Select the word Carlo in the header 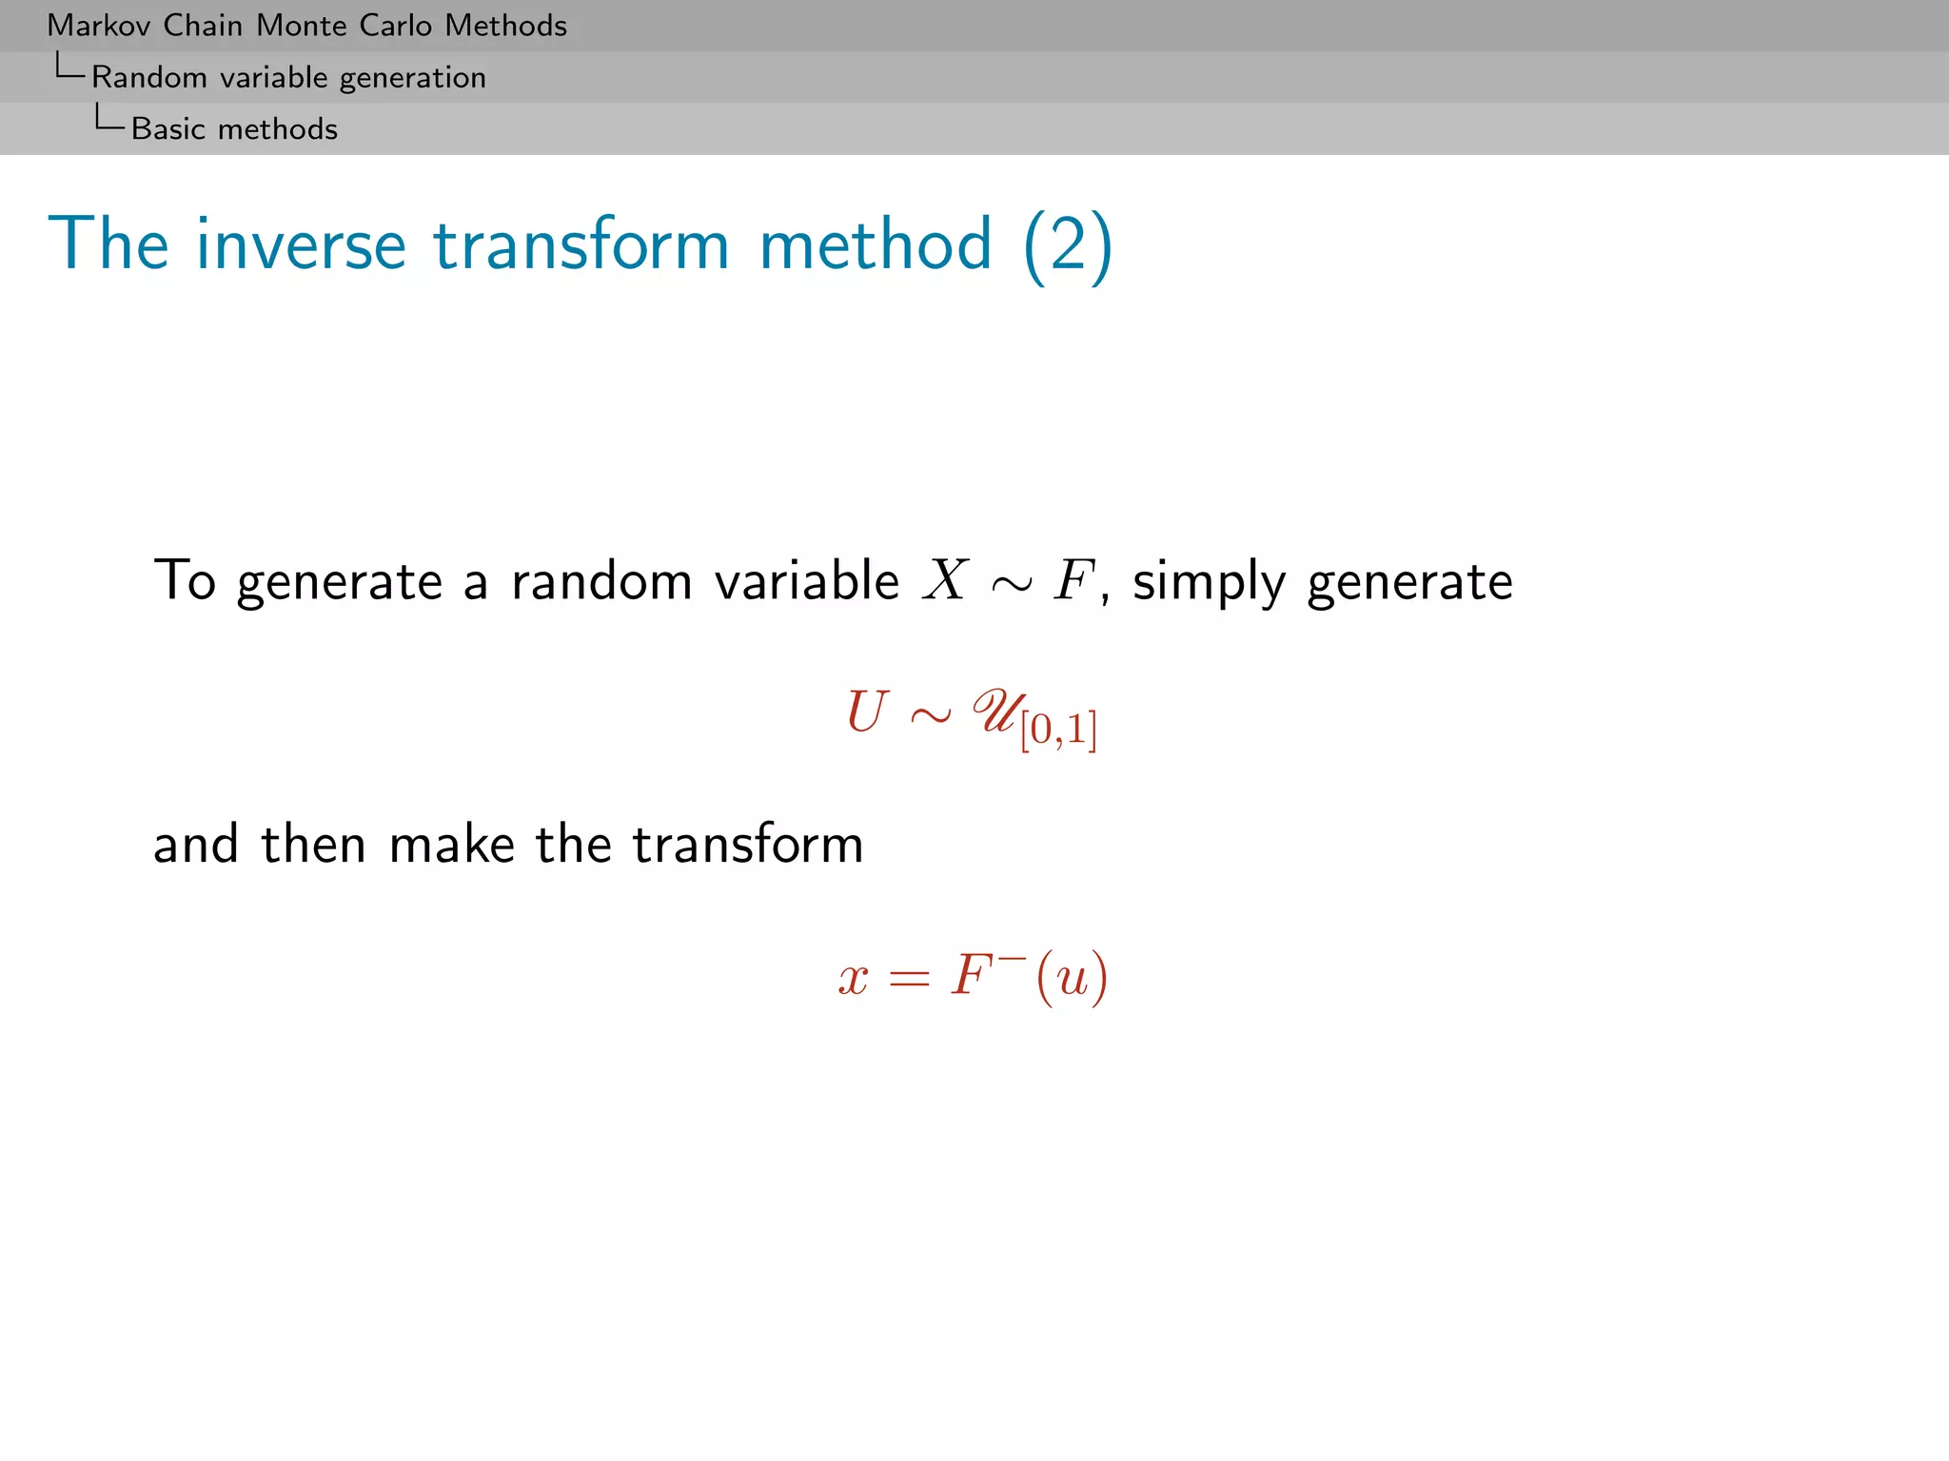(395, 26)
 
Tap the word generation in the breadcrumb (412, 78)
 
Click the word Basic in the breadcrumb (168, 129)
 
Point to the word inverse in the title (301, 244)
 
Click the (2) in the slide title (1067, 244)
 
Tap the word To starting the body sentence (185, 580)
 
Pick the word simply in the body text (1209, 582)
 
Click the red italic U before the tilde (867, 712)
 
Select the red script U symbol (995, 712)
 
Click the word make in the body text (452, 844)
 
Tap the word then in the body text (313, 844)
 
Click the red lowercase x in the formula (854, 978)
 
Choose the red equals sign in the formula (909, 979)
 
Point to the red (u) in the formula (1073, 977)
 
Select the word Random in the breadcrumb (149, 78)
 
